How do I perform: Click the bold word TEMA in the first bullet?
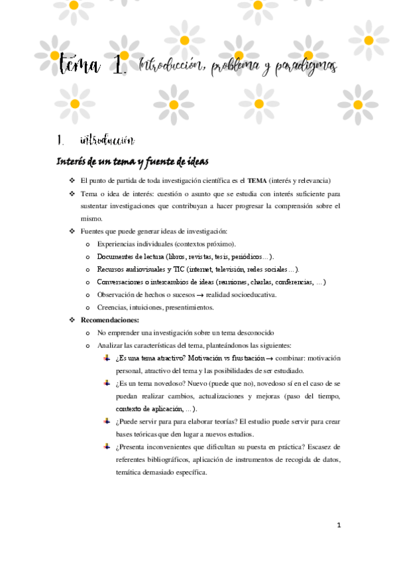point(257,180)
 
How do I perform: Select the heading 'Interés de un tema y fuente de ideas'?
point(133,162)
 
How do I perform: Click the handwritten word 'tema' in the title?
point(79,65)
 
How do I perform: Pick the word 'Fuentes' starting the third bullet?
point(92,231)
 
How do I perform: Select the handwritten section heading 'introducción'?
point(107,140)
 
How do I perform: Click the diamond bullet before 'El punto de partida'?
point(72,181)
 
